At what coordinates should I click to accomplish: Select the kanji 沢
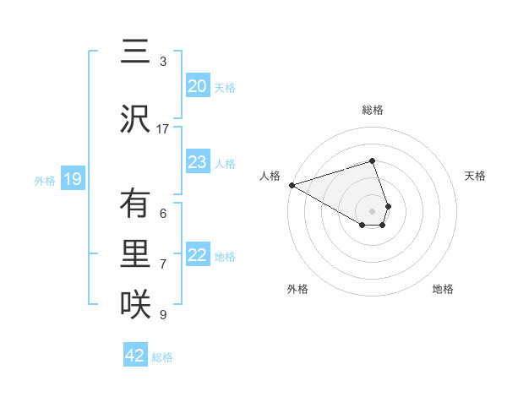pyautogui.click(x=134, y=119)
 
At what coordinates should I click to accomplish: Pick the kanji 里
pyautogui.click(x=134, y=254)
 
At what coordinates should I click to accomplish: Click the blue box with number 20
pyautogui.click(x=198, y=86)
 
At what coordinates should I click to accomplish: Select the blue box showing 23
pyautogui.click(x=198, y=162)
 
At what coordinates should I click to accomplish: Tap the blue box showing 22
pyautogui.click(x=198, y=255)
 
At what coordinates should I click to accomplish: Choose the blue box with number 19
pyautogui.click(x=72, y=179)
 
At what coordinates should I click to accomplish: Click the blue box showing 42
pyautogui.click(x=135, y=356)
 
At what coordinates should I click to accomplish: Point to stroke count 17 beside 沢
pyautogui.click(x=163, y=129)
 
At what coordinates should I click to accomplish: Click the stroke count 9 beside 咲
pyautogui.click(x=163, y=315)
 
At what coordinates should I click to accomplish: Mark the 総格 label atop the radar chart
pyautogui.click(x=373, y=110)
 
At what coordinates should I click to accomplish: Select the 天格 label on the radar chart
pyautogui.click(x=476, y=176)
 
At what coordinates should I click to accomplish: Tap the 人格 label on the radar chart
pyautogui.click(x=270, y=176)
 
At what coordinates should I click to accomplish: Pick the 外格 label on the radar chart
pyautogui.click(x=297, y=289)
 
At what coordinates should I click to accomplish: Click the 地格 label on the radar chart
pyautogui.click(x=443, y=289)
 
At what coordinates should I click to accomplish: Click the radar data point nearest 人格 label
pyautogui.click(x=292, y=185)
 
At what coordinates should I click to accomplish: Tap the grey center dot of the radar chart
pyautogui.click(x=373, y=210)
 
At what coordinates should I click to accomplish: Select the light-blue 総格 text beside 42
pyautogui.click(x=162, y=357)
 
